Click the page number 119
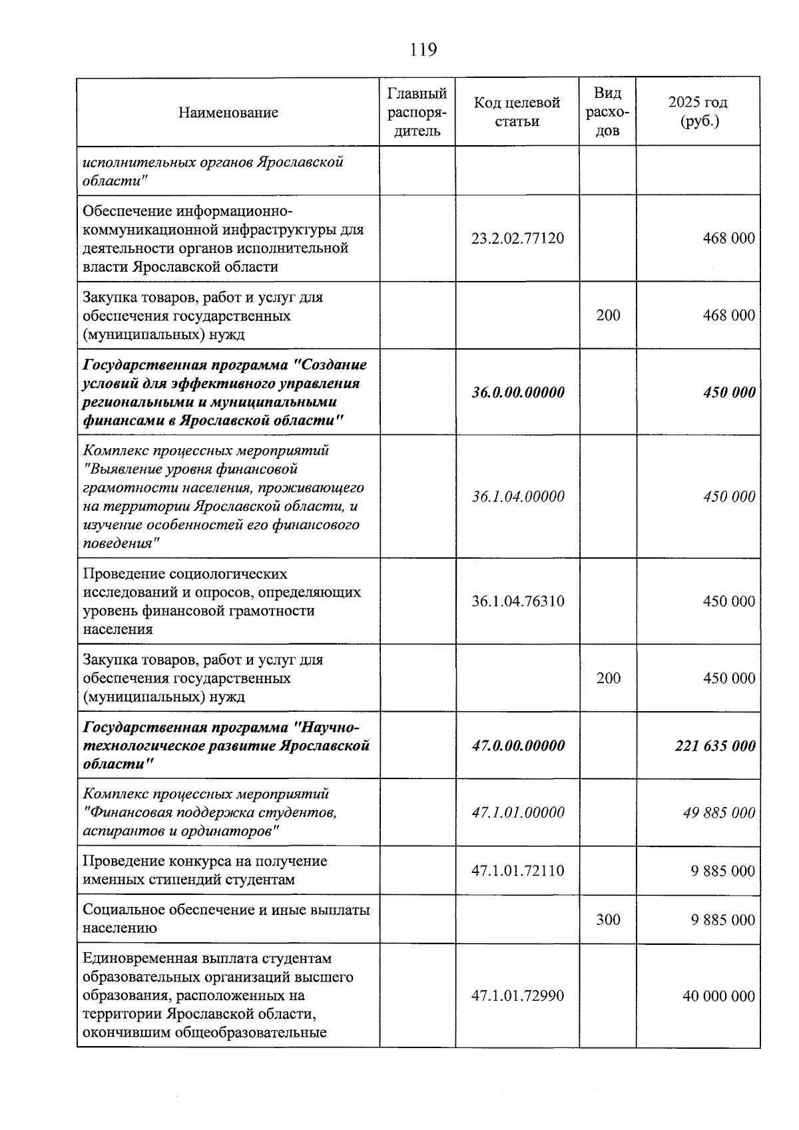tap(423, 50)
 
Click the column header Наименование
tap(228, 113)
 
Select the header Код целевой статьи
tap(517, 112)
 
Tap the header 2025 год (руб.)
tap(697, 112)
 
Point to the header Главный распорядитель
tap(417, 112)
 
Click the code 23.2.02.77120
tap(517, 238)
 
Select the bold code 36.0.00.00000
tap(517, 392)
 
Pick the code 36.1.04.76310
tap(517, 601)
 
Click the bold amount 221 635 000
tap(715, 746)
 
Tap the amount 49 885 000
tap(719, 813)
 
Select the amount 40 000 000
tap(718, 996)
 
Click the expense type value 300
tap(608, 920)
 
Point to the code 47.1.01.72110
tap(517, 871)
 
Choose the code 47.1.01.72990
tap(517, 996)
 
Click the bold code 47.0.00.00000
tap(517, 746)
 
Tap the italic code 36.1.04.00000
tap(517, 497)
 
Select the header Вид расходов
tap(607, 112)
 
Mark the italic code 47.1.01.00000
tap(517, 813)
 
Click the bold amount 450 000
tap(729, 392)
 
